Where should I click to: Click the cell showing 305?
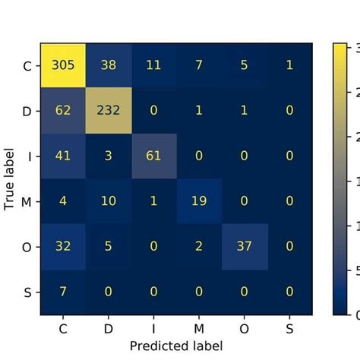(x=63, y=65)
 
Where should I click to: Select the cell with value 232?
(x=109, y=110)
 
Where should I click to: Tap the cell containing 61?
(x=154, y=155)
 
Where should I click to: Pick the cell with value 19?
(x=200, y=201)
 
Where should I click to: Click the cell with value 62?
(x=63, y=110)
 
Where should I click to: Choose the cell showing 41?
(x=63, y=155)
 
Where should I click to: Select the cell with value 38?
(x=109, y=65)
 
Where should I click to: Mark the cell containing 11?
(x=154, y=65)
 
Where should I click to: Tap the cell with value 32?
(x=63, y=246)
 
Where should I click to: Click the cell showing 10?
(x=109, y=201)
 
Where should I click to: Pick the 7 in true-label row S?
(x=63, y=292)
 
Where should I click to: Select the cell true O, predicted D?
(x=109, y=246)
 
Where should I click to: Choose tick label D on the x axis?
(x=109, y=327)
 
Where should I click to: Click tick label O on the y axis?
(x=28, y=246)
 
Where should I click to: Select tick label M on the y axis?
(x=28, y=201)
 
